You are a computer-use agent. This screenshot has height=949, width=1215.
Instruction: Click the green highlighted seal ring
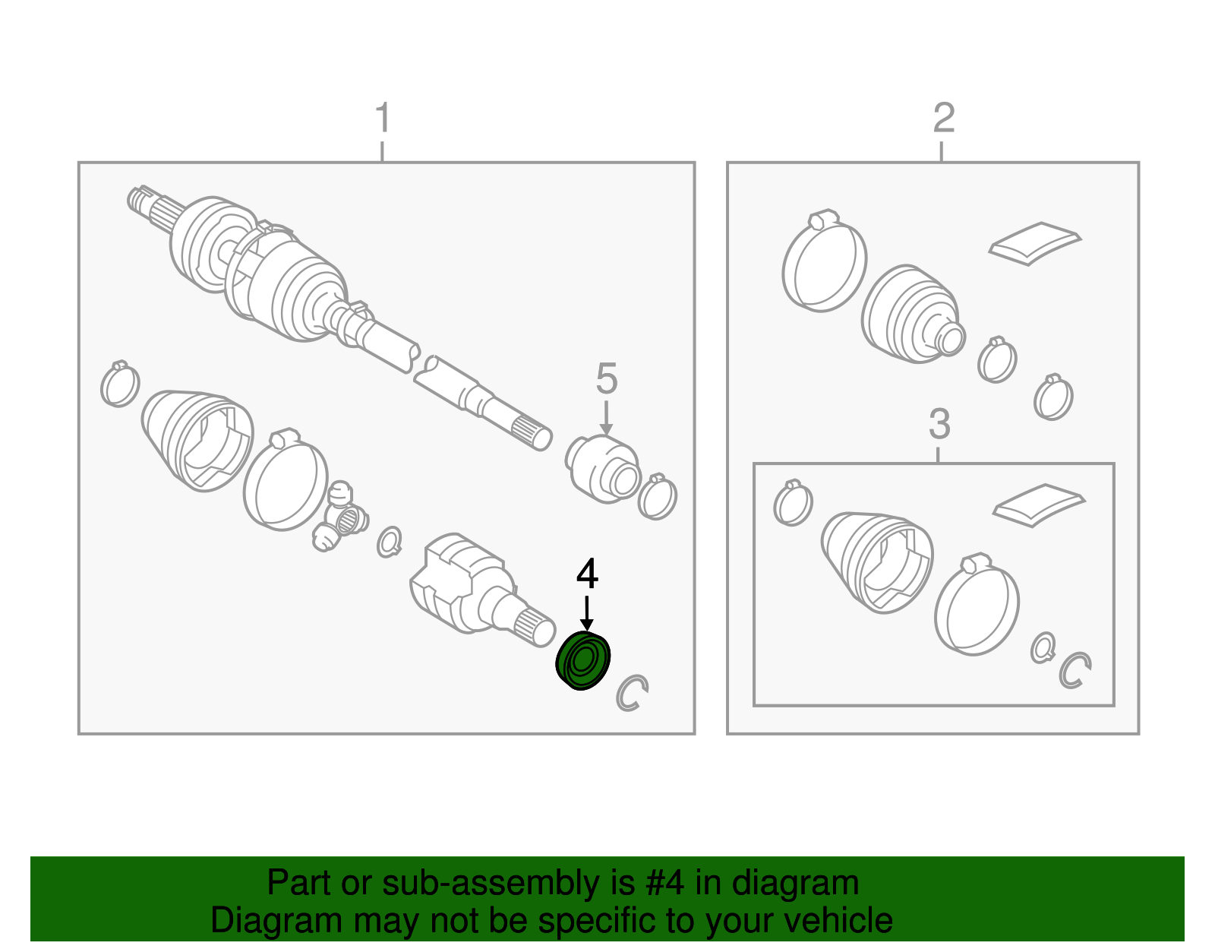[x=583, y=660]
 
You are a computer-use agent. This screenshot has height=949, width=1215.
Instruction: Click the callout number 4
[x=587, y=574]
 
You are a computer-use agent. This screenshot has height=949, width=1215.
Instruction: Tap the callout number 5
[x=607, y=378]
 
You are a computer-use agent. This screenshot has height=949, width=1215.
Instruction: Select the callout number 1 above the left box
[x=383, y=118]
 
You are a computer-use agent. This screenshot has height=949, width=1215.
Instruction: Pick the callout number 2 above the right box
[x=944, y=118]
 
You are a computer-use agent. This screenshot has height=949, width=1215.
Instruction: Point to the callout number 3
[x=939, y=424]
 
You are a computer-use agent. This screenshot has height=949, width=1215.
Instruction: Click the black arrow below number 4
[x=586, y=613]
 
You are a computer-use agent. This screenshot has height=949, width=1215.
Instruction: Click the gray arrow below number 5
[x=606, y=418]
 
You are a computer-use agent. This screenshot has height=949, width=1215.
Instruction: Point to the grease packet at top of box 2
[x=1035, y=244]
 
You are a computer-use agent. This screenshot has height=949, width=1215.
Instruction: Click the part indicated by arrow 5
[x=603, y=470]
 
